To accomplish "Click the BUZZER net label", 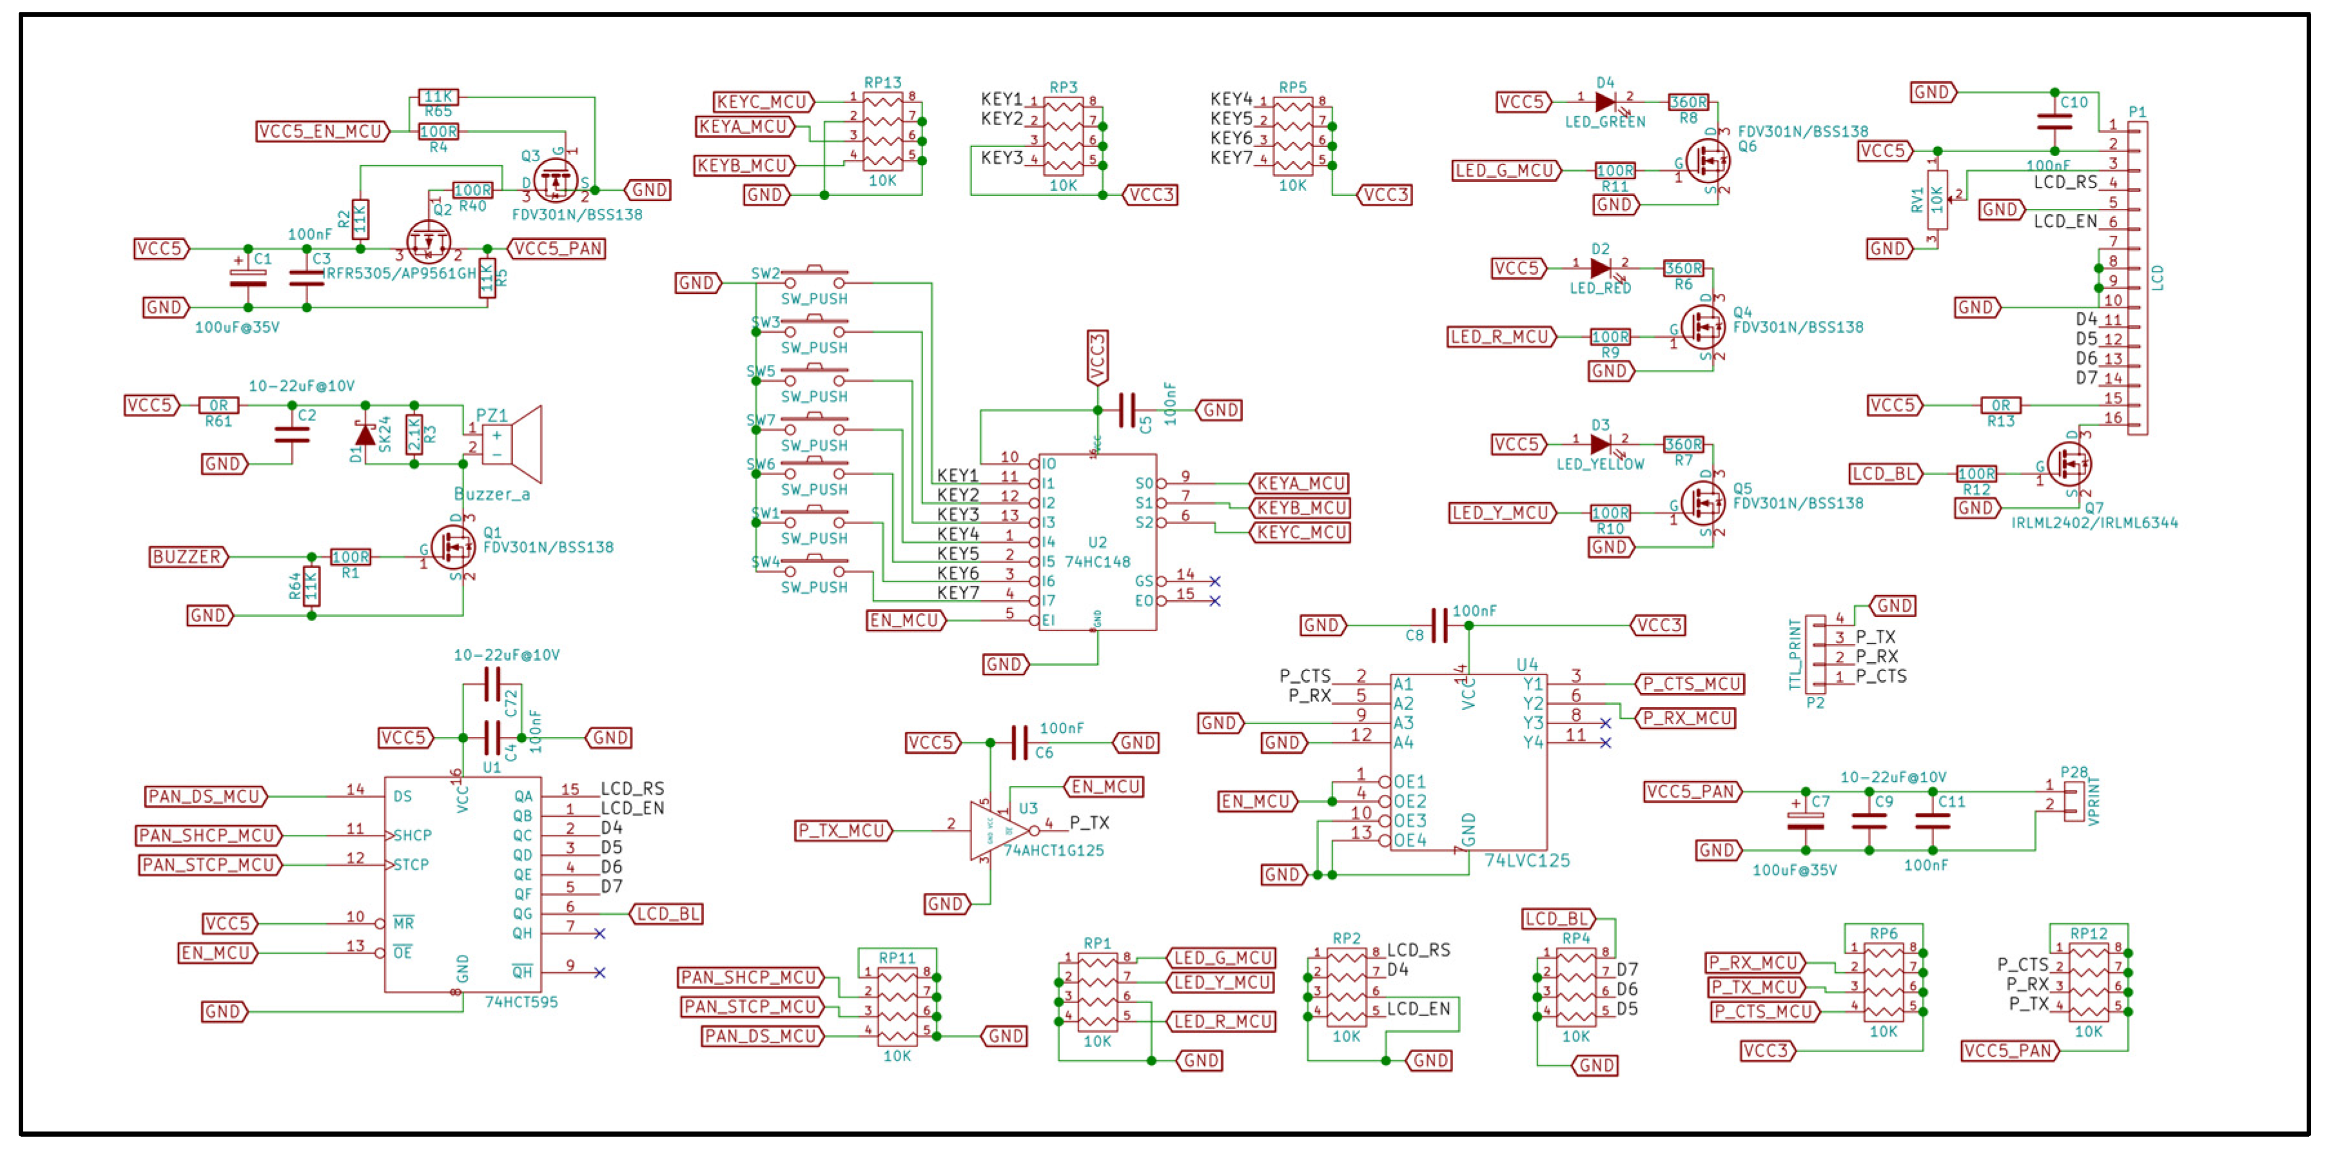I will click(x=188, y=556).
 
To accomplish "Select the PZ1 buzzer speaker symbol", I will click(x=512, y=444).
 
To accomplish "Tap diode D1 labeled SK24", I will click(x=366, y=436).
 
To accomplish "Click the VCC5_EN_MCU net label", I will click(x=322, y=132).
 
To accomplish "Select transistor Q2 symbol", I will click(x=429, y=242).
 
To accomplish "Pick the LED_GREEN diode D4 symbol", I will click(x=1605, y=103).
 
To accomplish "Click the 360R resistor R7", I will click(x=1683, y=444).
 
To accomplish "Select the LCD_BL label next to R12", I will click(x=1884, y=474).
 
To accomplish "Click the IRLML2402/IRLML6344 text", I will click(x=2094, y=523).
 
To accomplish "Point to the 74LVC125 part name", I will click(x=1527, y=861).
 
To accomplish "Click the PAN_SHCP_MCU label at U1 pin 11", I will click(x=208, y=835).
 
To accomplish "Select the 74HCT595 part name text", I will click(x=521, y=1002).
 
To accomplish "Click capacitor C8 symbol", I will click(x=1438, y=625).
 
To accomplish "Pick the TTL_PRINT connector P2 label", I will click(x=1795, y=654).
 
